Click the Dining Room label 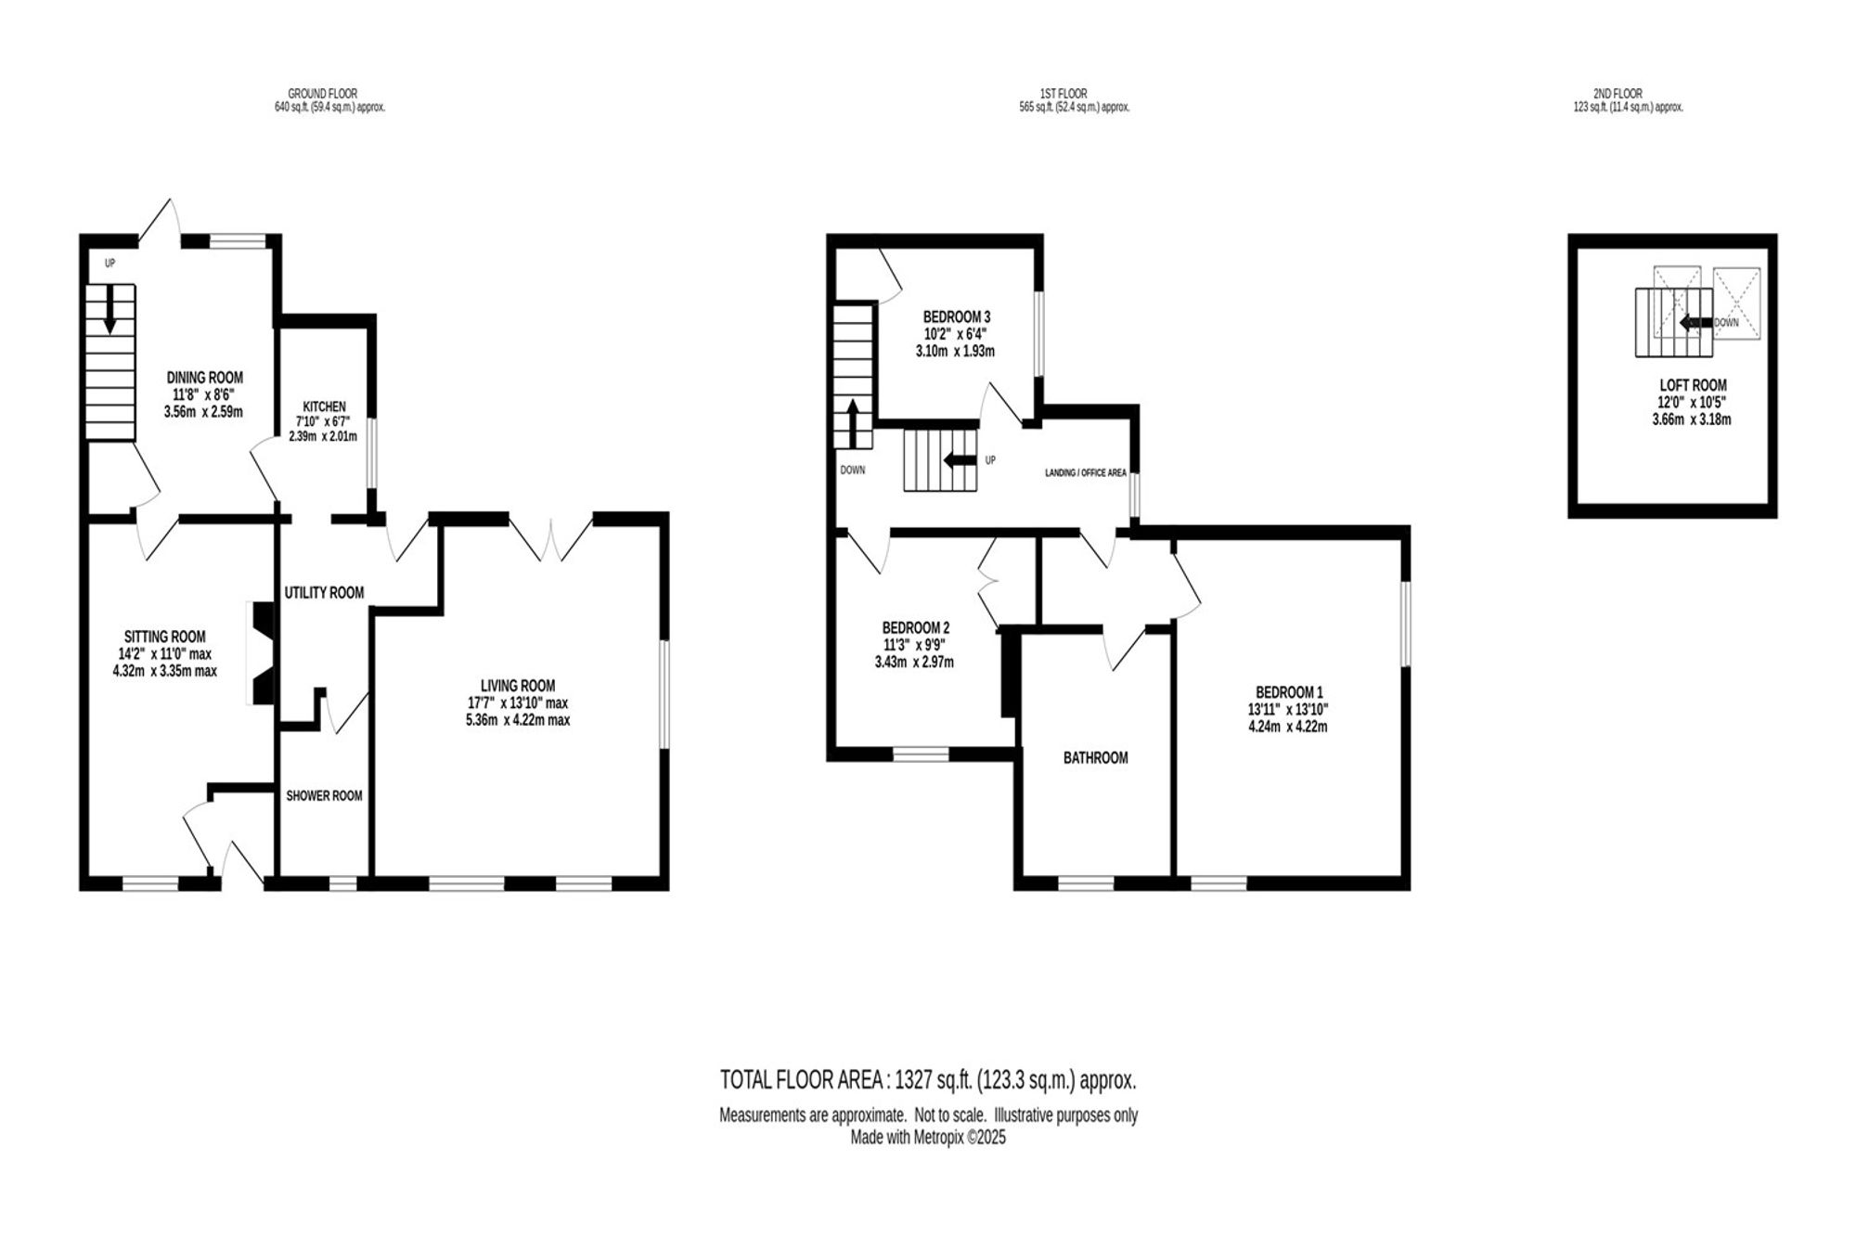point(205,378)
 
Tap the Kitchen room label point(325,406)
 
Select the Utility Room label point(324,593)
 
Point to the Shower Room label point(324,796)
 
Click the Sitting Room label point(165,637)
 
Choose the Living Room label point(518,686)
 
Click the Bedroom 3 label point(957,317)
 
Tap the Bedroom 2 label point(916,627)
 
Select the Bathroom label point(1096,758)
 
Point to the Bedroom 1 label point(1289,692)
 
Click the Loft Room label point(1694,385)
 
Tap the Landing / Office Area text point(1086,472)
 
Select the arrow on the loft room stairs point(1695,322)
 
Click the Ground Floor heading point(322,94)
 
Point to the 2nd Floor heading point(1618,94)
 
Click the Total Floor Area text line point(928,1080)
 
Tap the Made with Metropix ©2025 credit point(928,1137)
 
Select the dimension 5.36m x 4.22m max point(518,719)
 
